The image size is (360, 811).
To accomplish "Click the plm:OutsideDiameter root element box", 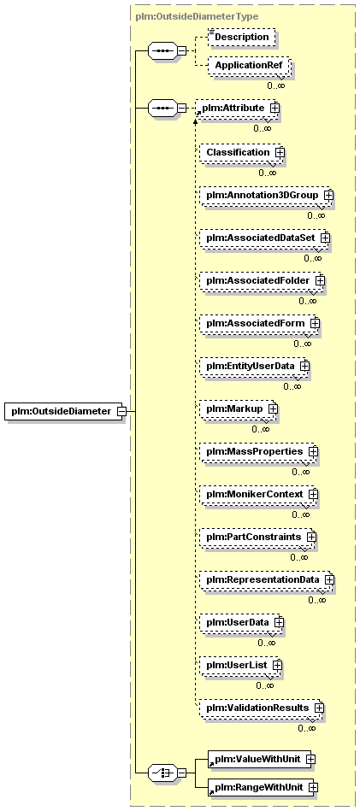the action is (x=63, y=411).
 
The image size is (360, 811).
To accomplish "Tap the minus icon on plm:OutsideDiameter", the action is (x=122, y=411).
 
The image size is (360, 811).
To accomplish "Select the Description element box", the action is (x=242, y=38).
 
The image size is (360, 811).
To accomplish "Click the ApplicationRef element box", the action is (x=248, y=66).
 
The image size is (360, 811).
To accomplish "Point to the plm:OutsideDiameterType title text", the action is (x=197, y=16).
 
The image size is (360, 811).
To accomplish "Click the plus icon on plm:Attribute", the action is (x=274, y=108).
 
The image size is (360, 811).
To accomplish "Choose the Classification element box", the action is (x=241, y=153).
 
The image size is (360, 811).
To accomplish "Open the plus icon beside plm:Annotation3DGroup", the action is (x=328, y=196).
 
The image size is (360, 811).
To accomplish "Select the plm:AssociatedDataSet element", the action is (x=265, y=238).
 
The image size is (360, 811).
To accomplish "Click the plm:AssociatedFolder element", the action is (x=262, y=280).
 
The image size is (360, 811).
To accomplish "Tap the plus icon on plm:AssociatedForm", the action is (x=315, y=323).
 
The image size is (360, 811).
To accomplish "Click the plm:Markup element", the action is (x=239, y=408).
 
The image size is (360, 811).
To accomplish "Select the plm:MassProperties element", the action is (x=258, y=451).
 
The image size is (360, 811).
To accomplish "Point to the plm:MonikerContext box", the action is (x=258, y=495).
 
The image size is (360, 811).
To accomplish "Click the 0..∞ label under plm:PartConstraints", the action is (x=299, y=557).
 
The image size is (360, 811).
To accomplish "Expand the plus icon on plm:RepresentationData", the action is (x=329, y=579).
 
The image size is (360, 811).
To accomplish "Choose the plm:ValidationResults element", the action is (x=262, y=707).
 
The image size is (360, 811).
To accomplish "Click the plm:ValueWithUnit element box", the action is (x=261, y=759).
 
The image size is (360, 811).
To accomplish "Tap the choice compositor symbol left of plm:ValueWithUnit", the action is (x=163, y=773).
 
